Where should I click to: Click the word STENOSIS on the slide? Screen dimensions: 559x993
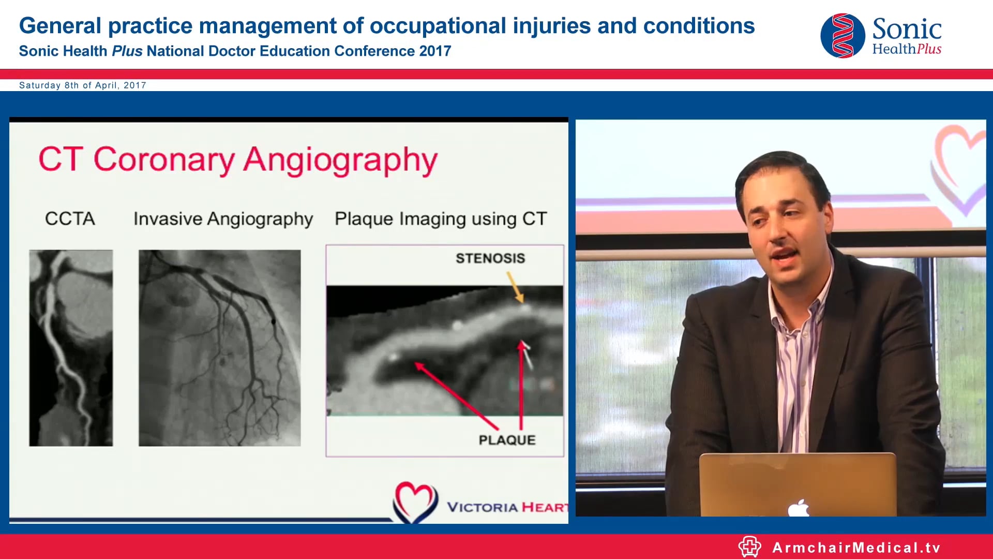[490, 258]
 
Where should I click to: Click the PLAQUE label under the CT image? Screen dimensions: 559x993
[506, 440]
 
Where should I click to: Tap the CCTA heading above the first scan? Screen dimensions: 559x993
[70, 218]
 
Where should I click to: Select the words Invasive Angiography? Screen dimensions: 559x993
[223, 219]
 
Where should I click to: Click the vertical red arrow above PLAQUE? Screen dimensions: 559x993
[521, 386]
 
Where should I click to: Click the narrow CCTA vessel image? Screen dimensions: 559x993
[71, 348]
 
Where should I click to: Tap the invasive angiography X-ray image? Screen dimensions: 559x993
[219, 348]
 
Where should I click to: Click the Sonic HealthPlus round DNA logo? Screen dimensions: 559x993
[842, 36]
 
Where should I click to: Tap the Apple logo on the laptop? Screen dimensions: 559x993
[799, 508]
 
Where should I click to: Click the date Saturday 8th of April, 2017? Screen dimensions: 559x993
[83, 85]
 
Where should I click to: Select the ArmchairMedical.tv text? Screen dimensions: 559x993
[856, 548]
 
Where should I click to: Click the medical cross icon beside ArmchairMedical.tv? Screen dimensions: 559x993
[749, 547]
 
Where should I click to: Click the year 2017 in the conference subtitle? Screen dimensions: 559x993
[435, 51]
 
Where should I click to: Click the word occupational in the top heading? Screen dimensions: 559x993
[437, 26]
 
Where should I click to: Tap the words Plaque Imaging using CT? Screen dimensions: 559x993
[440, 219]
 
